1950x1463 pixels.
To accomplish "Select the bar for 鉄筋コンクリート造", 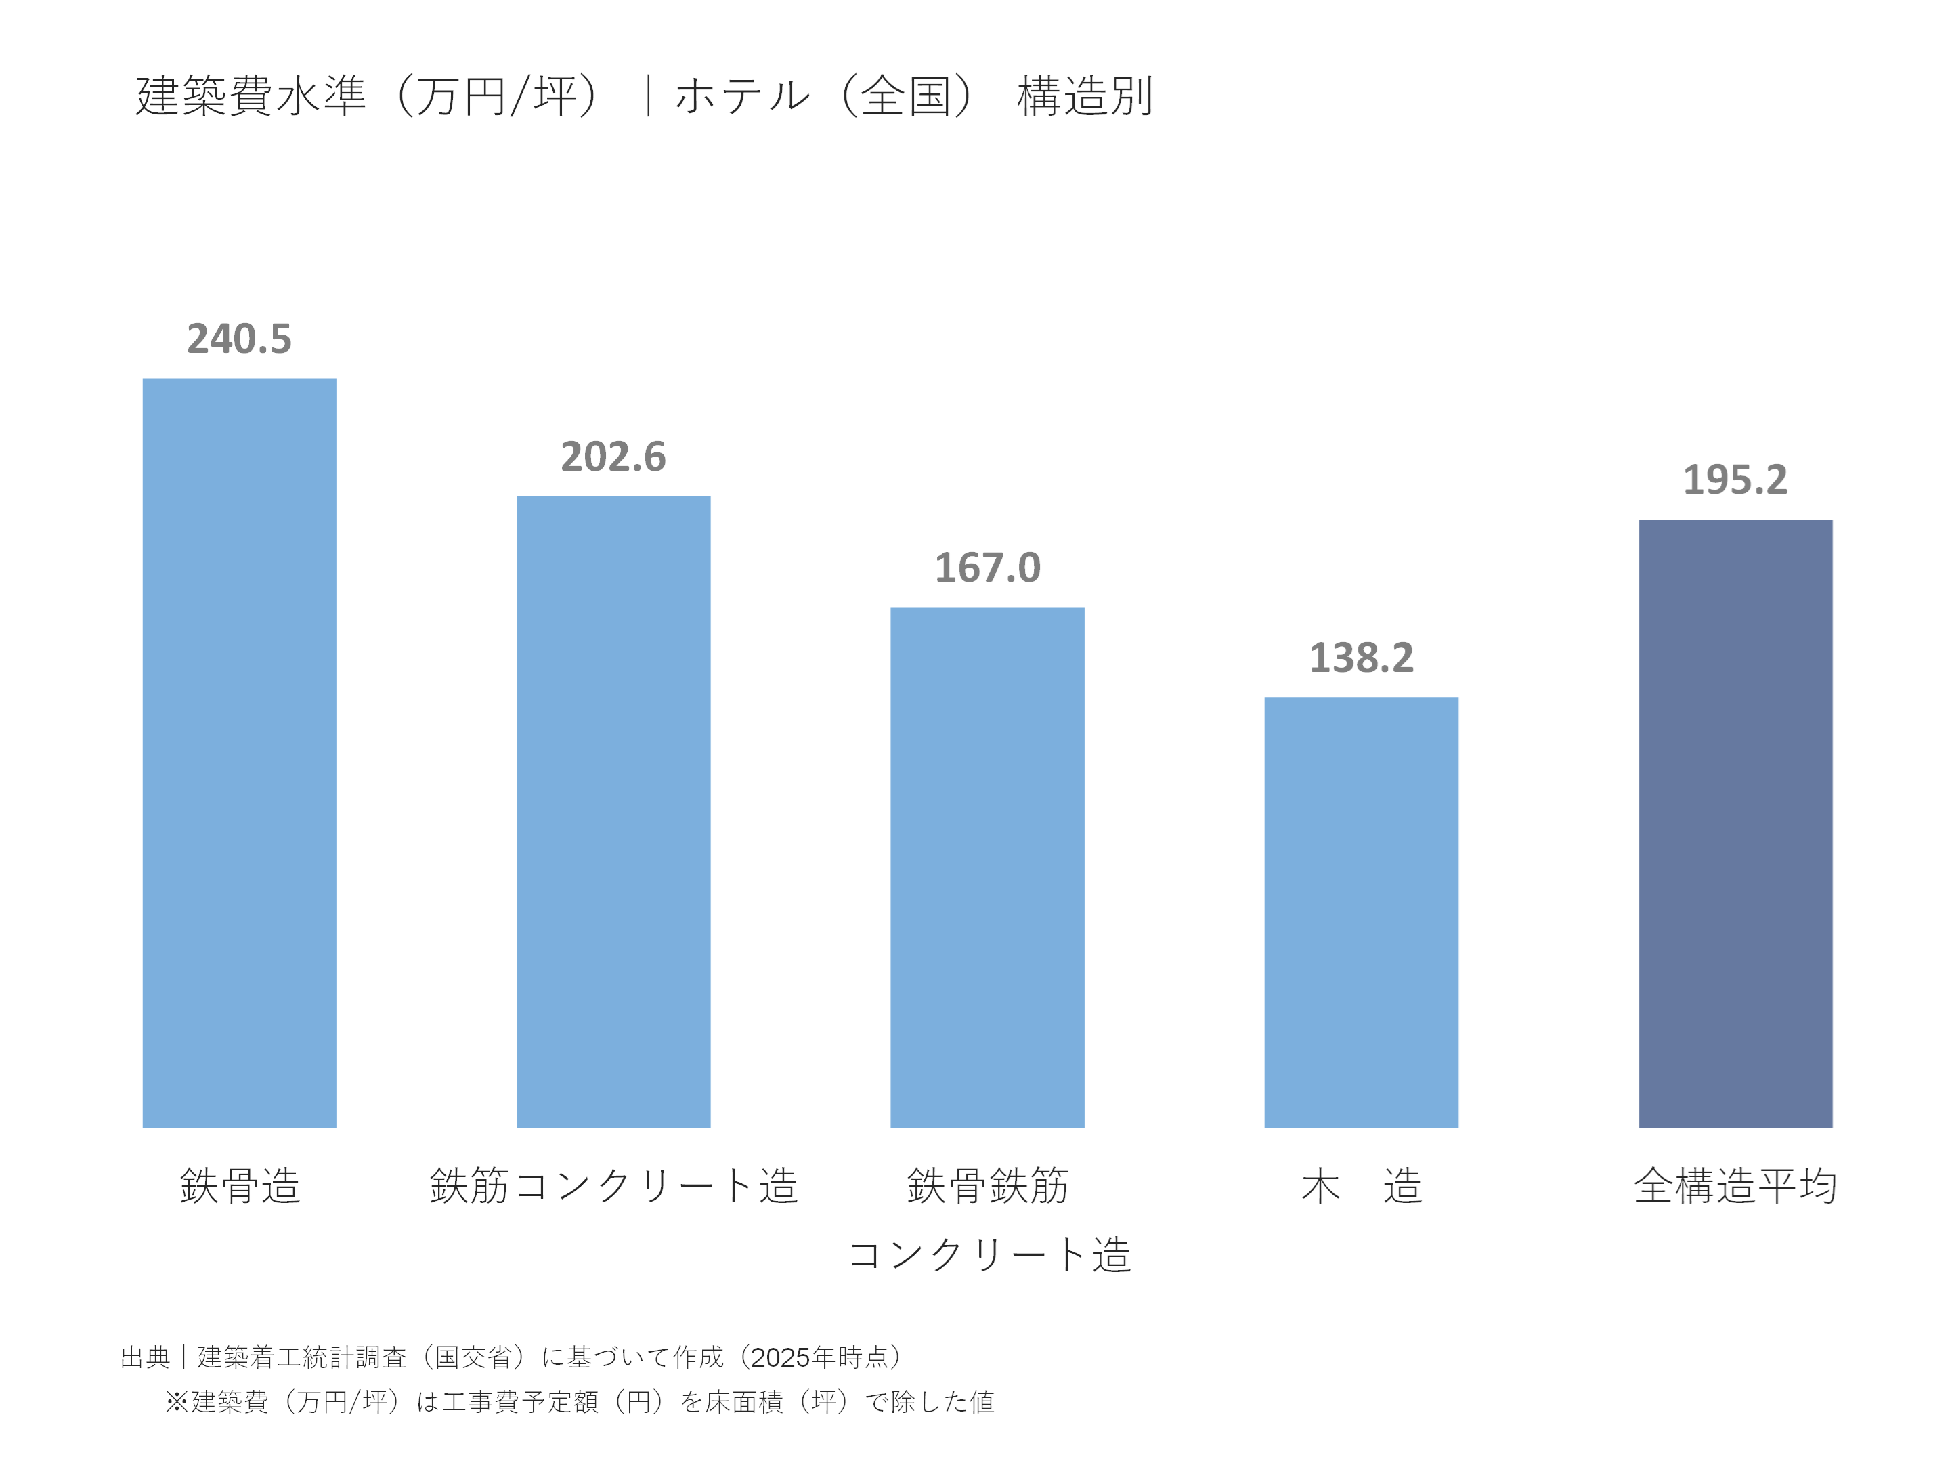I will pyautogui.click(x=613, y=811).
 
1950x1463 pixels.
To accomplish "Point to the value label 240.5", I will pyautogui.click(x=239, y=339).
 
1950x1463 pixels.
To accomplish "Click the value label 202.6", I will pyautogui.click(x=613, y=457).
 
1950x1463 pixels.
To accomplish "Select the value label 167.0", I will pyautogui.click(x=987, y=568).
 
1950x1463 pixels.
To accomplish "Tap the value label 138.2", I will pyautogui.click(x=1360, y=658).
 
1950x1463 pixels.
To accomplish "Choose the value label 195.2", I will pyautogui.click(x=1734, y=480).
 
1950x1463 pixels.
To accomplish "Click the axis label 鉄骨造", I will pyautogui.click(x=239, y=1185).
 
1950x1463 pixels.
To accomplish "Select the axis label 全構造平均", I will pyautogui.click(x=1734, y=1185).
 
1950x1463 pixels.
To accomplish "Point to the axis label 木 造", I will pyautogui.click(x=1360, y=1185).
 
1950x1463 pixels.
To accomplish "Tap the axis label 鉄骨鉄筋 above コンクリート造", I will pyautogui.click(x=987, y=1185).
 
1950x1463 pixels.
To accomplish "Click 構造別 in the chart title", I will pyautogui.click(x=1084, y=96).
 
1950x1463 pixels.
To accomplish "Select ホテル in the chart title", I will pyautogui.click(x=742, y=96).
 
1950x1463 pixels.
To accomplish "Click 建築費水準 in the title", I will pyautogui.click(x=251, y=96).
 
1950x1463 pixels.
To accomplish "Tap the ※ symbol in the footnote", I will pyautogui.click(x=176, y=1401).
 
